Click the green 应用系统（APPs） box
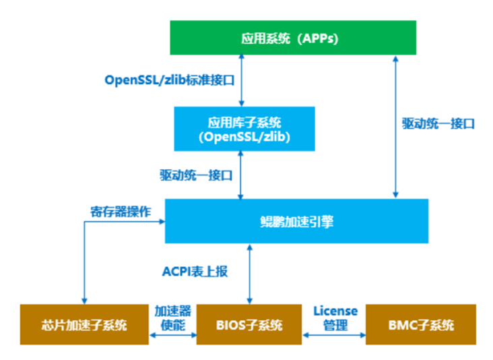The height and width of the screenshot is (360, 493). pyautogui.click(x=292, y=38)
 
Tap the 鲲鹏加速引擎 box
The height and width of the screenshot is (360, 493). pyautogui.click(x=296, y=221)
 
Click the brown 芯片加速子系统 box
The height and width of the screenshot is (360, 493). pyautogui.click(x=84, y=325)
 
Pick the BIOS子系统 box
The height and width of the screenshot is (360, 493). pyautogui.click(x=250, y=325)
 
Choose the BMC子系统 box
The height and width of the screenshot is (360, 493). pyautogui.click(x=421, y=325)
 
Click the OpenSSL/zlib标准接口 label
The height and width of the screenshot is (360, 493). pyautogui.click(x=169, y=80)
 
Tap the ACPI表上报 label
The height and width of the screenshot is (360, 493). pyautogui.click(x=195, y=272)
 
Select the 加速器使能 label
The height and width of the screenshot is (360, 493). pyautogui.click(x=173, y=318)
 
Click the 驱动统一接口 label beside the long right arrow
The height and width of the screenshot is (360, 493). pyautogui.click(x=438, y=123)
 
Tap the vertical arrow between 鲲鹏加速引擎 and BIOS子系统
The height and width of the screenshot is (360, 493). pyautogui.click(x=250, y=273)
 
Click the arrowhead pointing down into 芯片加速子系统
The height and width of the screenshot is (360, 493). pyautogui.click(x=85, y=299)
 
